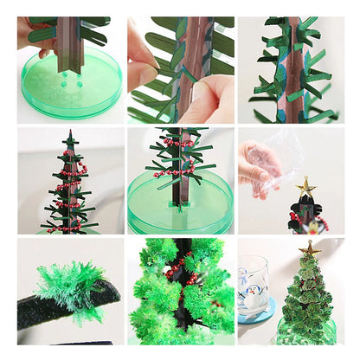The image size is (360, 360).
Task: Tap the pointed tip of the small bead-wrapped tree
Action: pos(69,134)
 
